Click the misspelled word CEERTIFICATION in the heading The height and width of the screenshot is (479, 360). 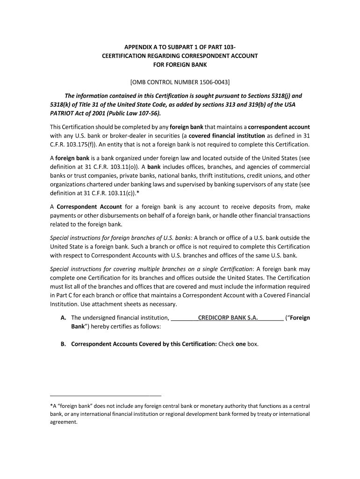125,56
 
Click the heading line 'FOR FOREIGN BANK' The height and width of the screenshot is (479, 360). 180,64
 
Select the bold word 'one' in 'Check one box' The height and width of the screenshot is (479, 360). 240,344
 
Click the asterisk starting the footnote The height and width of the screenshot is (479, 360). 51,406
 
